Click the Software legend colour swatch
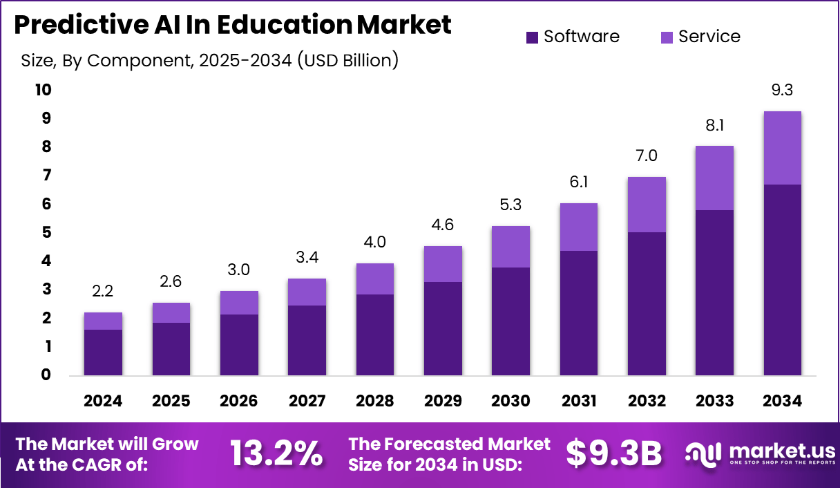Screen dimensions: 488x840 tap(532, 37)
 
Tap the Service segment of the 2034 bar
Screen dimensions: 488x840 tap(782, 148)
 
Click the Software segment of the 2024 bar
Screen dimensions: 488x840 tap(103, 353)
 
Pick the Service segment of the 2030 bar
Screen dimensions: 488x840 tap(510, 247)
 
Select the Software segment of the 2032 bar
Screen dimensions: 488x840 tap(647, 304)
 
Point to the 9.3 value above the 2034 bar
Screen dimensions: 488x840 tap(782, 90)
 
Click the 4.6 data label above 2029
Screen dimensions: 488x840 tap(443, 225)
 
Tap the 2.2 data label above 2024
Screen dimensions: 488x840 tap(103, 291)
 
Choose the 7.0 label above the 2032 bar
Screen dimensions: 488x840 tap(647, 156)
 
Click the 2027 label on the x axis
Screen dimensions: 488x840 tap(307, 401)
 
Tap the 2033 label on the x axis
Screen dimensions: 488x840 tap(714, 401)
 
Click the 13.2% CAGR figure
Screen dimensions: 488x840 tap(276, 453)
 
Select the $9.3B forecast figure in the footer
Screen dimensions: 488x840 tap(613, 453)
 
